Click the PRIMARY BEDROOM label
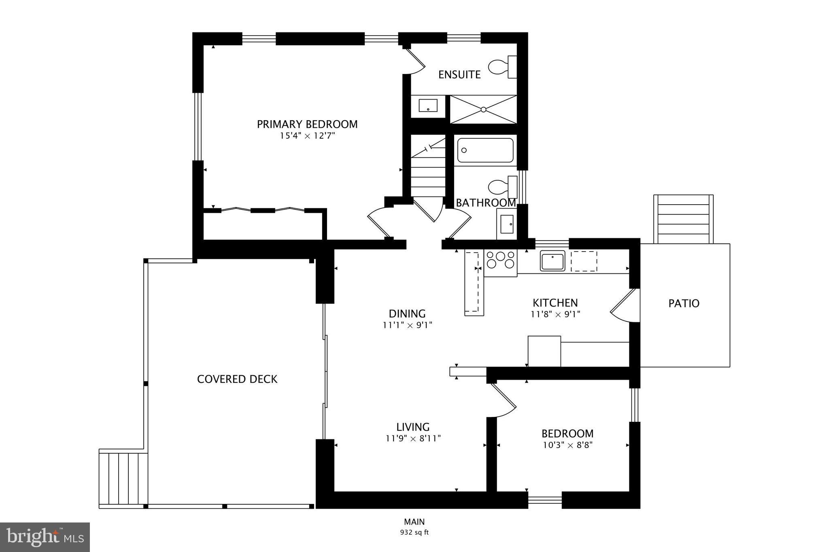tap(307, 124)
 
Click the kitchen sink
tap(552, 260)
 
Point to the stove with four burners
tap(501, 260)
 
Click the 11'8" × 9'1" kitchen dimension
tap(555, 314)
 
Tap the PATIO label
tap(684, 303)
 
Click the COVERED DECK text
tap(237, 379)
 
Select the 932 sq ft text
tap(414, 532)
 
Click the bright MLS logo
tap(45, 537)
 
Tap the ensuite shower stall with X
tap(483, 109)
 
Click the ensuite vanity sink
tap(428, 106)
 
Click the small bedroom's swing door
tap(503, 400)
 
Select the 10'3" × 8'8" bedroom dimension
tap(568, 445)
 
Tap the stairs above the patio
tap(683, 219)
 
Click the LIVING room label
tap(413, 427)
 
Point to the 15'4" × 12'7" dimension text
tap(307, 136)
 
